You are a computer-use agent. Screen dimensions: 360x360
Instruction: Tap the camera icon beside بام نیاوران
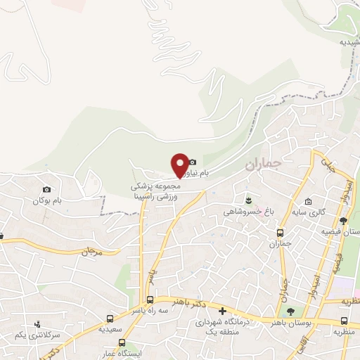(192, 162)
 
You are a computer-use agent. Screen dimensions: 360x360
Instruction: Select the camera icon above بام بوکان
(46, 189)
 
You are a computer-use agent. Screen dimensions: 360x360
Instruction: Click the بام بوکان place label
(47, 200)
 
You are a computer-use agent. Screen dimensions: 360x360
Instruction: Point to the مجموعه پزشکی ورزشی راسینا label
(154, 193)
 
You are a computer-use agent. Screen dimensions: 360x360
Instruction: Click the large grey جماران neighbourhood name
(263, 165)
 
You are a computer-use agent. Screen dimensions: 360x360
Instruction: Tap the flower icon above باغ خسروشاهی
(247, 200)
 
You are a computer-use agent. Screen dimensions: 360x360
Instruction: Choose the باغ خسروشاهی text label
(243, 211)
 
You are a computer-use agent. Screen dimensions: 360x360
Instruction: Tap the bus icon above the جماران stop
(280, 233)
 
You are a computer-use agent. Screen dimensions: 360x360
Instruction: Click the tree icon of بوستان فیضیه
(343, 221)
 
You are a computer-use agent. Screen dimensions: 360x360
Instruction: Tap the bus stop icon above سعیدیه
(109, 319)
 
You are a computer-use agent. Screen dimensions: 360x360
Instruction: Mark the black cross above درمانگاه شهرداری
(222, 311)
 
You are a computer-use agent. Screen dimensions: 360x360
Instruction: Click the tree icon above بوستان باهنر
(290, 312)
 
